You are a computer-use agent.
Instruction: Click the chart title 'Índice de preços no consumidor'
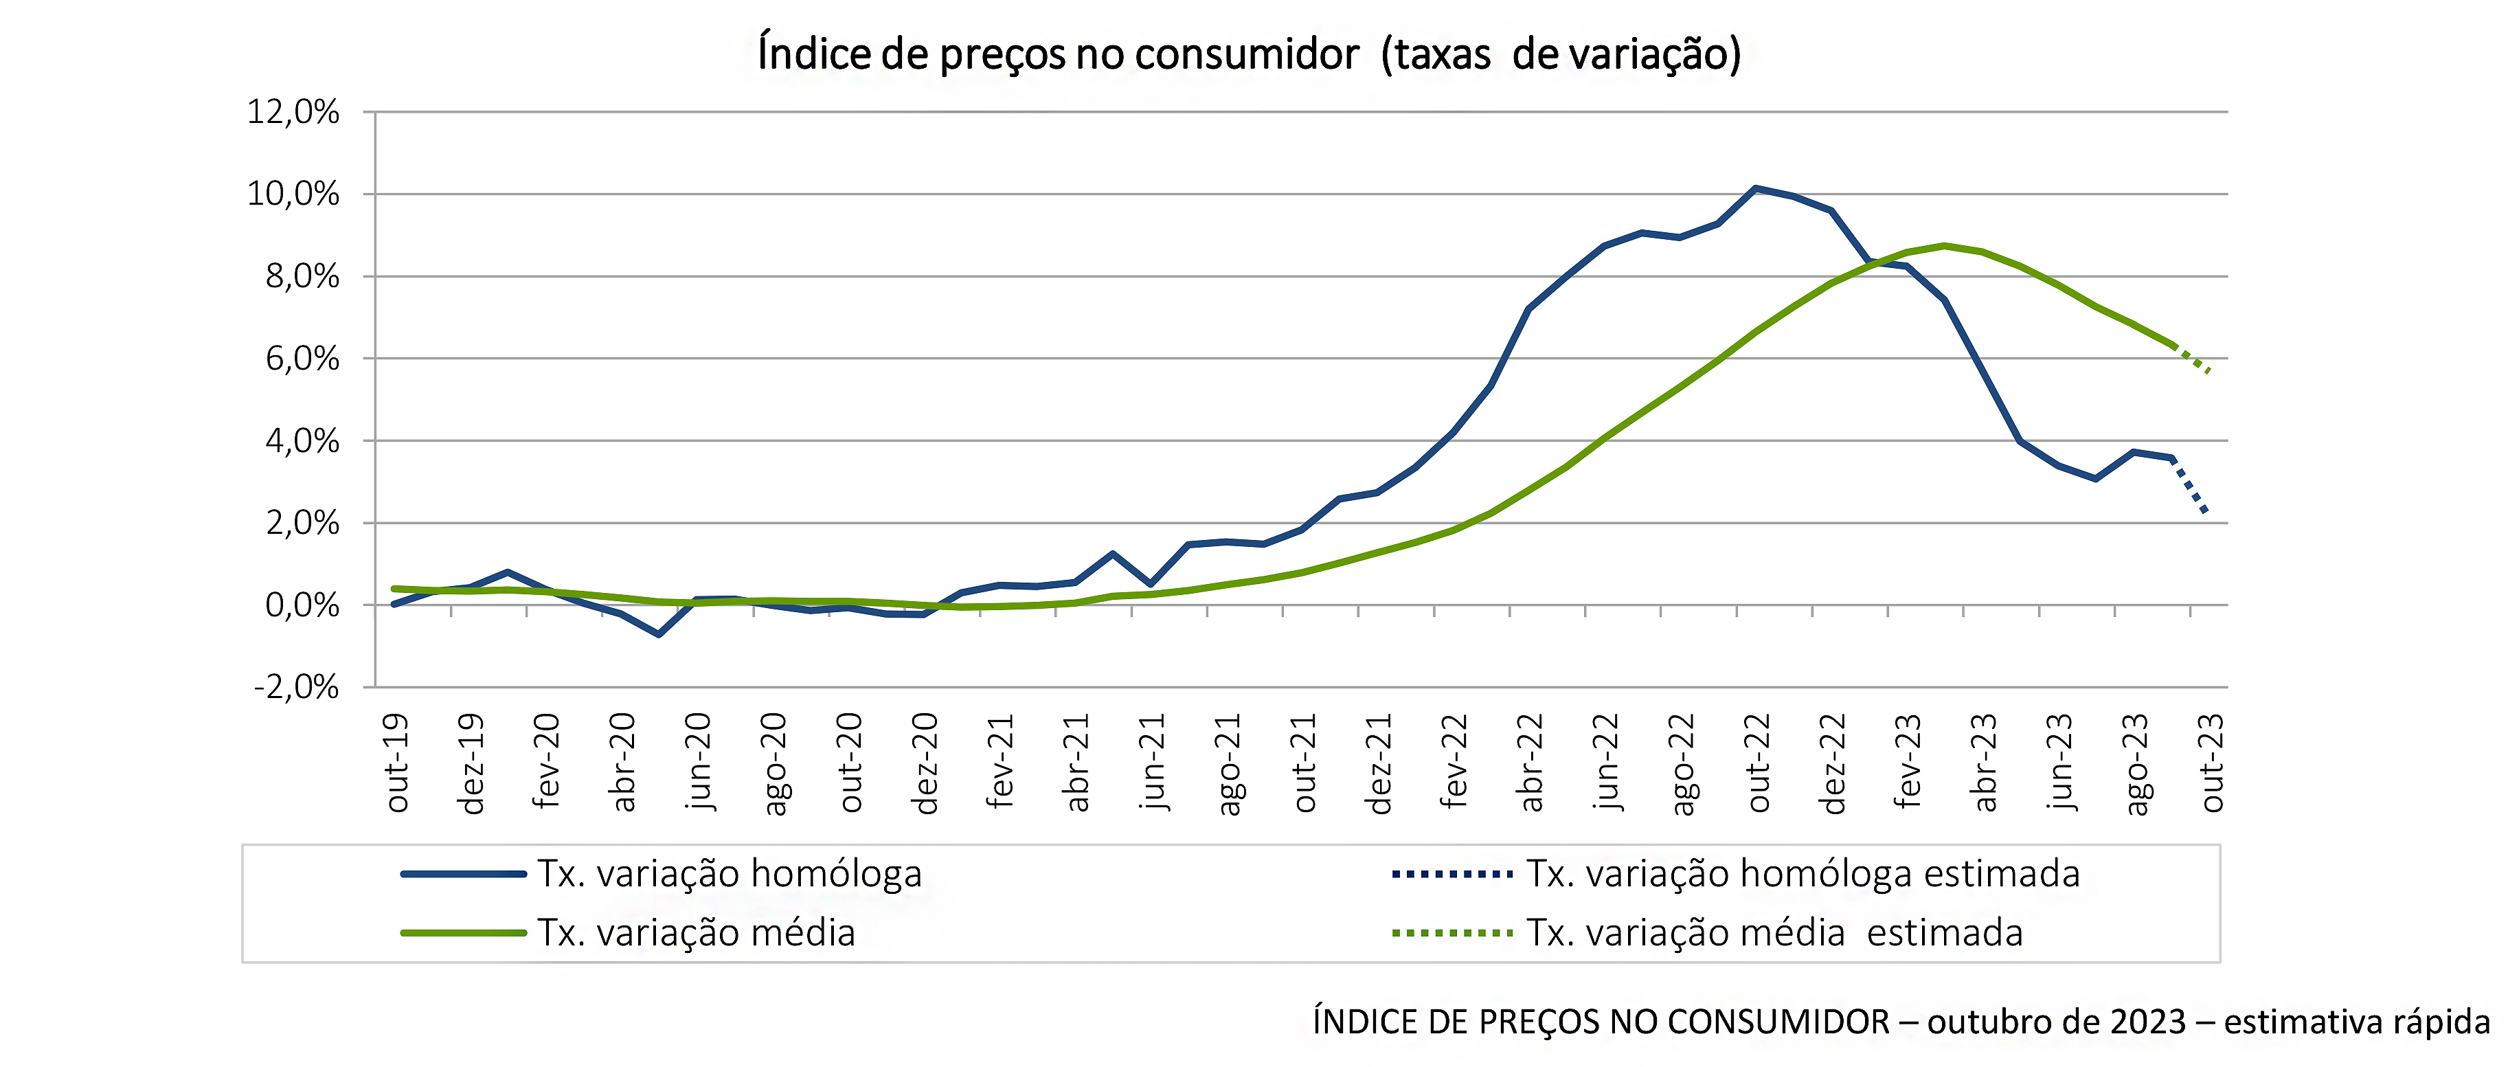1249,54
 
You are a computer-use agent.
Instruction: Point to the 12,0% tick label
293,112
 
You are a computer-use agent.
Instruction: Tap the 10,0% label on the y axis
293,194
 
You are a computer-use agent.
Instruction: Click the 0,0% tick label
302,605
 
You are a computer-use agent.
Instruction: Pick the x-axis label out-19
396,762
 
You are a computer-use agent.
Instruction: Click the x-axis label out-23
2212,762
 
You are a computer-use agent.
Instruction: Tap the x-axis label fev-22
1454,762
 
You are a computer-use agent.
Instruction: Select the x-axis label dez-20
925,762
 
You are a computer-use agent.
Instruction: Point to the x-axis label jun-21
1152,762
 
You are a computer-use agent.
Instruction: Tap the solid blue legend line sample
464,874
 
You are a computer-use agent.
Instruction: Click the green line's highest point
1944,245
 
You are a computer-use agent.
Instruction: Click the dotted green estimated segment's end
2209,371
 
